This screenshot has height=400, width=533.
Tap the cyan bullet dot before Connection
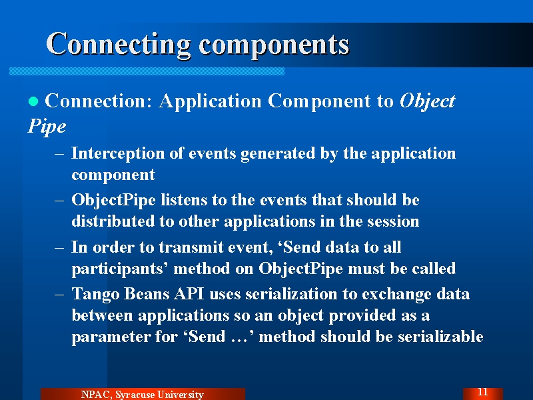click(x=33, y=101)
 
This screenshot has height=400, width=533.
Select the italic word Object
click(x=427, y=102)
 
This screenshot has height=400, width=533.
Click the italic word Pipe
click(x=47, y=127)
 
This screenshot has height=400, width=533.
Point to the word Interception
click(x=118, y=154)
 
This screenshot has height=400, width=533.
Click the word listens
click(x=184, y=199)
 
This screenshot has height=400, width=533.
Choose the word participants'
click(x=120, y=269)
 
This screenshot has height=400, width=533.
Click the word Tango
click(x=95, y=295)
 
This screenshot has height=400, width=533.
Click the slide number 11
click(x=482, y=392)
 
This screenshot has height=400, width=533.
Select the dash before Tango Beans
click(x=59, y=294)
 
